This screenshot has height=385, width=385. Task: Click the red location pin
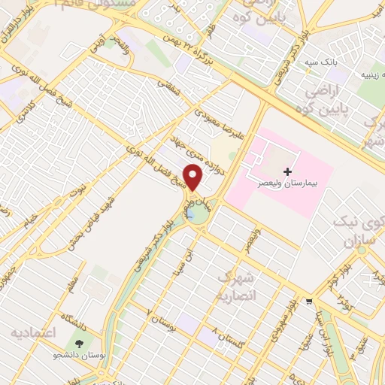click(x=193, y=177)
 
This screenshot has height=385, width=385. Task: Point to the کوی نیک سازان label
click(x=360, y=232)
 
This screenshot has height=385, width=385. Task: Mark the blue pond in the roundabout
click(x=197, y=216)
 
